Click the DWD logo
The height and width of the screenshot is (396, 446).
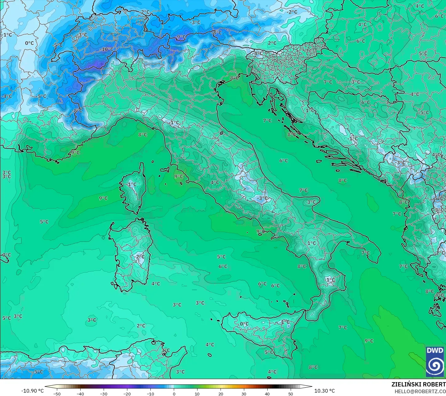[435, 361]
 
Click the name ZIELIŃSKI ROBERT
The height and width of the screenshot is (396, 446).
[418, 384]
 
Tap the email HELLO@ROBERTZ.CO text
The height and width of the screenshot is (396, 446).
[420, 391]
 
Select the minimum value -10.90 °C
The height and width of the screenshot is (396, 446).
[32, 391]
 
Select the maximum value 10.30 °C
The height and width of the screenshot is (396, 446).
[325, 391]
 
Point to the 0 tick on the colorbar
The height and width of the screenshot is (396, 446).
[174, 394]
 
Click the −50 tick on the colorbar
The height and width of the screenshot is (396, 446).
[57, 394]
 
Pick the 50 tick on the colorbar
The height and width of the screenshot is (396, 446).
[291, 394]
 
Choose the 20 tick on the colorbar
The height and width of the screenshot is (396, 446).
[221, 394]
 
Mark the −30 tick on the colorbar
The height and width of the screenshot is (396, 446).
[104, 394]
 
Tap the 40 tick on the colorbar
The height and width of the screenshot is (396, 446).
[267, 394]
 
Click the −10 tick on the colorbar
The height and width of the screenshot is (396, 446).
[150, 394]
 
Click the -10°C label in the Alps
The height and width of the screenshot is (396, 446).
[107, 49]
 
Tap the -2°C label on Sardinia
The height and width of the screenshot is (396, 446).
[139, 257]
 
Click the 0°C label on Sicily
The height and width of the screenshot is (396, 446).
[244, 324]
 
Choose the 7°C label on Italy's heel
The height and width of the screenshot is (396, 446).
[365, 253]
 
